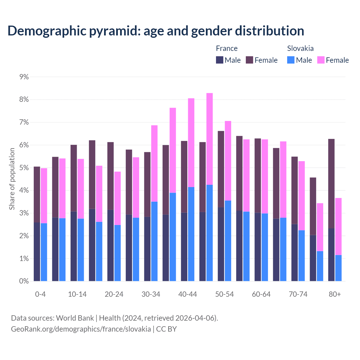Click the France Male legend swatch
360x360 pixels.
point(220,60)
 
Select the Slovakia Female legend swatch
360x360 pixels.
point(321,60)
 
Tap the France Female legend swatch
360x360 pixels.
point(249,60)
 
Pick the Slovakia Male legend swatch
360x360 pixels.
point(291,60)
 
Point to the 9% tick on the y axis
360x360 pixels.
point(24,77)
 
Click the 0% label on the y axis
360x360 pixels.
point(24,281)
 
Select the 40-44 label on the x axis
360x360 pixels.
point(188,294)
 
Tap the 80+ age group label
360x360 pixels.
point(335,294)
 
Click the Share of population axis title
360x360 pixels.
point(12,179)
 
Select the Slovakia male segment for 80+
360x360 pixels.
point(338,268)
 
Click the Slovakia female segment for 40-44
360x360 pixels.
point(191,142)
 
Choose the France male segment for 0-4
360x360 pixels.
point(37,252)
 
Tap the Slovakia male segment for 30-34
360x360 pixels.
point(154,241)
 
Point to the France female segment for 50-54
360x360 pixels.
point(221,169)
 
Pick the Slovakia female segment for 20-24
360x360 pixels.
point(118,198)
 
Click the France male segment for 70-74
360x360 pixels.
point(294,252)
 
